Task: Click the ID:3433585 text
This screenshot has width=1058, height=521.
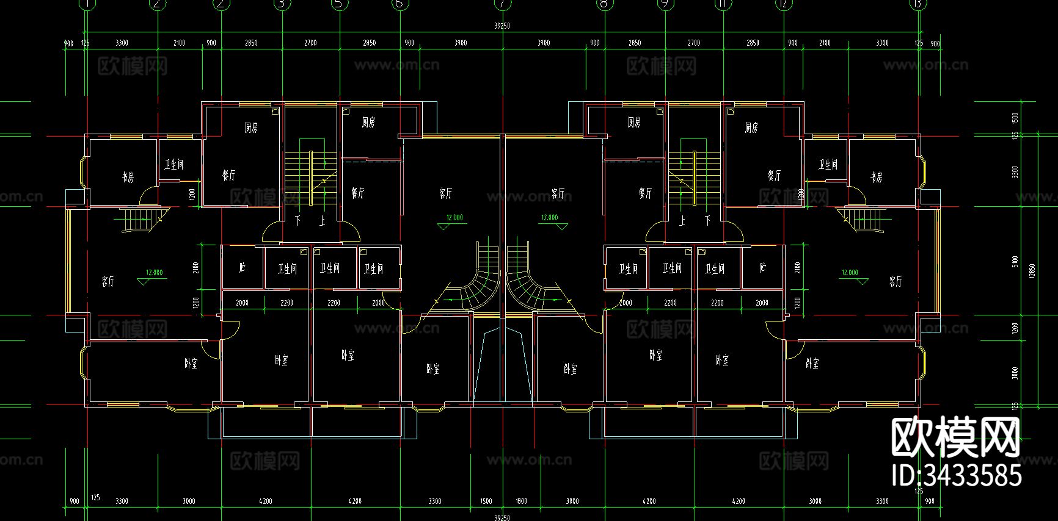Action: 957,475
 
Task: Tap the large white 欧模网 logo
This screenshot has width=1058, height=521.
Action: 955,437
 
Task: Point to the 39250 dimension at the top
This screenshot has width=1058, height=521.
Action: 502,26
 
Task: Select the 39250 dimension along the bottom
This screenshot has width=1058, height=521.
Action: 502,517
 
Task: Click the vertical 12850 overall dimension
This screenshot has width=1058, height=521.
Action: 1032,271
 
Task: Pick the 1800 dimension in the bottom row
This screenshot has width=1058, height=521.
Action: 521,501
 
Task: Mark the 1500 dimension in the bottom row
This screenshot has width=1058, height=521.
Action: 486,501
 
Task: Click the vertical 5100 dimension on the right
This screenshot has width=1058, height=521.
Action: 1015,262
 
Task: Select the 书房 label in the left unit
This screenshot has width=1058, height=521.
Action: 127,178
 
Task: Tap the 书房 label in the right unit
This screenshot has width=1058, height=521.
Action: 877,178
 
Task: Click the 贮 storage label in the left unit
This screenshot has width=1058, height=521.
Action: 242,268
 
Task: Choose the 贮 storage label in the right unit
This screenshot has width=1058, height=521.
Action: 762,268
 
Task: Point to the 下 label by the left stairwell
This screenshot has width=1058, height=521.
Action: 298,220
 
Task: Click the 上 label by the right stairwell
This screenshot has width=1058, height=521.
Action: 682,220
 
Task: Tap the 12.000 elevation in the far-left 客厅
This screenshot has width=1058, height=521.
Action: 154,273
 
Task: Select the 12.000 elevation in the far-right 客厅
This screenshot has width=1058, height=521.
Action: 850,273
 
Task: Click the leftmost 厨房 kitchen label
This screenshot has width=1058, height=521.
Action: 251,128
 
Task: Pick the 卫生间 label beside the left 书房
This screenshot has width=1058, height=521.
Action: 173,165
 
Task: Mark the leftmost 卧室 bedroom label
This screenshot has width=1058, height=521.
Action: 191,364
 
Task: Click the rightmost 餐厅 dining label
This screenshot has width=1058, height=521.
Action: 774,176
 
